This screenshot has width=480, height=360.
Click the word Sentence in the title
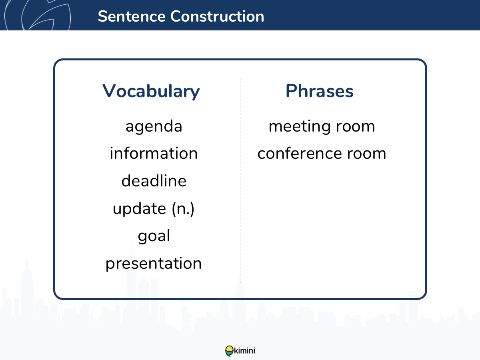coord(132,16)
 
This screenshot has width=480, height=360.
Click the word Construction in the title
coord(217,16)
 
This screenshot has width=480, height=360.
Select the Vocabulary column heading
coord(151,91)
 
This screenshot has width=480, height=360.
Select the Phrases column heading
coord(320,91)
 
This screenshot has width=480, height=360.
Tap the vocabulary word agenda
coord(154,127)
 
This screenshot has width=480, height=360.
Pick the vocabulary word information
coord(154,153)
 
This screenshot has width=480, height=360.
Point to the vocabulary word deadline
coord(154,180)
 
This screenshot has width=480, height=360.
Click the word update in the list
coord(139,209)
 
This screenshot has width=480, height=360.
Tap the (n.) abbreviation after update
coord(183,209)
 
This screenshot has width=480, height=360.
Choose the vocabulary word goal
coord(154,236)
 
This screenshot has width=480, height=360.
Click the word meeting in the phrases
coord(299,127)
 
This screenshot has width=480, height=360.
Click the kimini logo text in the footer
coord(244,351)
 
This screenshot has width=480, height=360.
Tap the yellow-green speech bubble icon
coord(229,351)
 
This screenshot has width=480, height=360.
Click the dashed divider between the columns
coord(240,180)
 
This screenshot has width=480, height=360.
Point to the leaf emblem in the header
coord(38,15)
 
